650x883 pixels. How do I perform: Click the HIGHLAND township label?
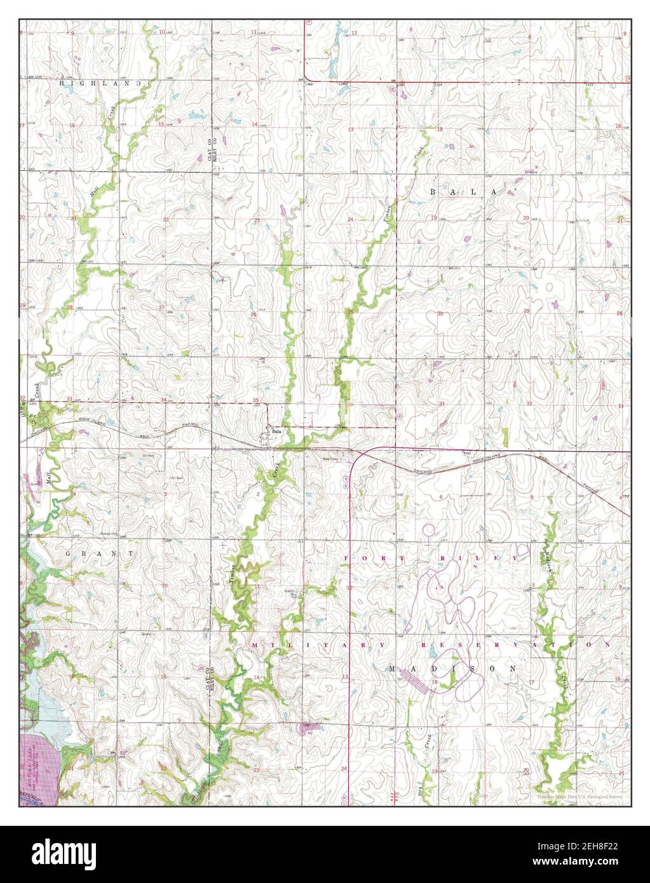point(99,83)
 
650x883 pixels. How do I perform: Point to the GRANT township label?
point(100,554)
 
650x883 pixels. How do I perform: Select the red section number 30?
point(440,314)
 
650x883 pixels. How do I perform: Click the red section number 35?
point(255,400)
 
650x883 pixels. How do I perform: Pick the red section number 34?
point(164,400)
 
